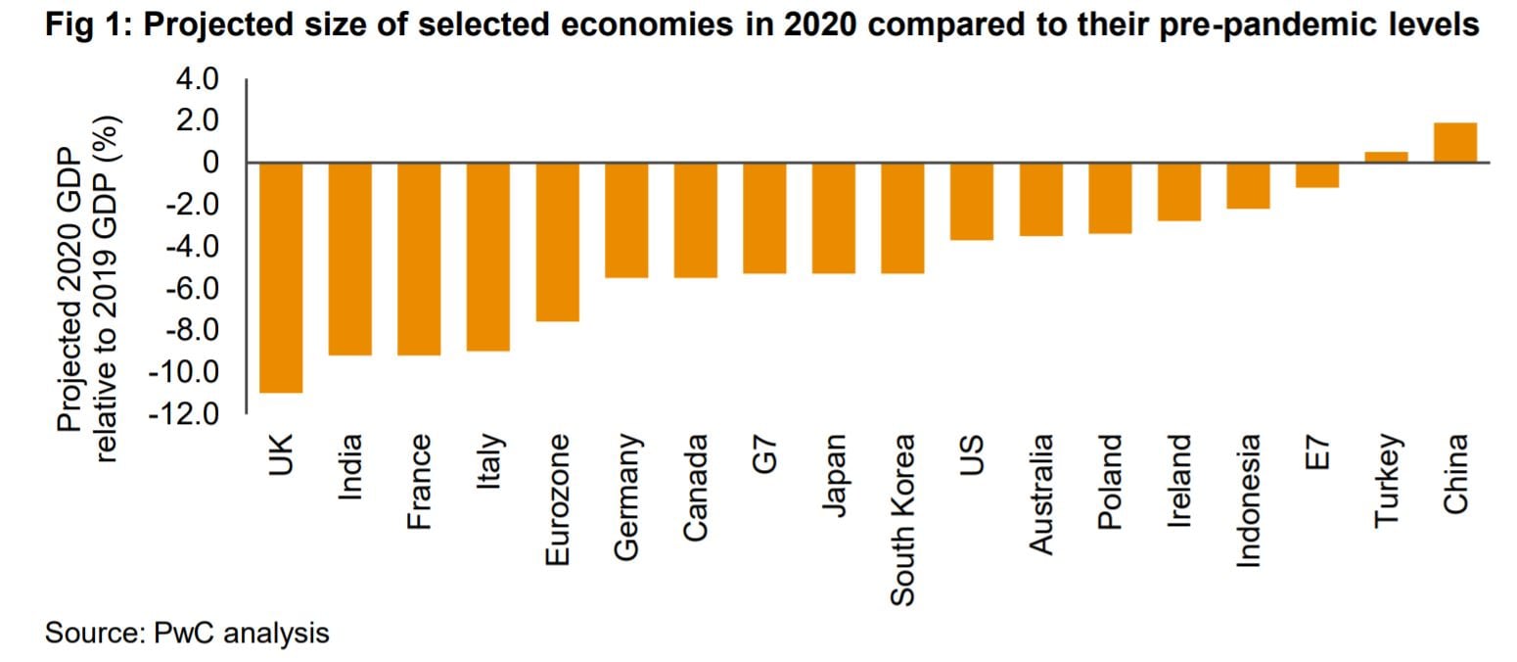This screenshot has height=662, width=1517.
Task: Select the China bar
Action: (x=1454, y=143)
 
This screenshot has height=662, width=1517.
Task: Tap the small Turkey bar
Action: (x=1386, y=157)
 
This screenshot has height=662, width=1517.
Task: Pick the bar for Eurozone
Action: (x=557, y=242)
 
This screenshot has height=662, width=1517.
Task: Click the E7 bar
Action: (x=1316, y=174)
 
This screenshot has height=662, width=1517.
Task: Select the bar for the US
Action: (x=971, y=201)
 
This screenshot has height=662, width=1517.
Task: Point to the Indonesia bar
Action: (x=1247, y=185)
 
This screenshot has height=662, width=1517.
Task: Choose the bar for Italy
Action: (x=487, y=257)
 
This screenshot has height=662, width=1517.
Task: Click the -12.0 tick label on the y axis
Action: (x=183, y=414)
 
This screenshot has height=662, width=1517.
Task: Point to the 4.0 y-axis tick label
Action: (x=200, y=79)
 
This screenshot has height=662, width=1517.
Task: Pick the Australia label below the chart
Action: (x=1040, y=495)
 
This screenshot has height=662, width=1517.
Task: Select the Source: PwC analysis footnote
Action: (x=187, y=634)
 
